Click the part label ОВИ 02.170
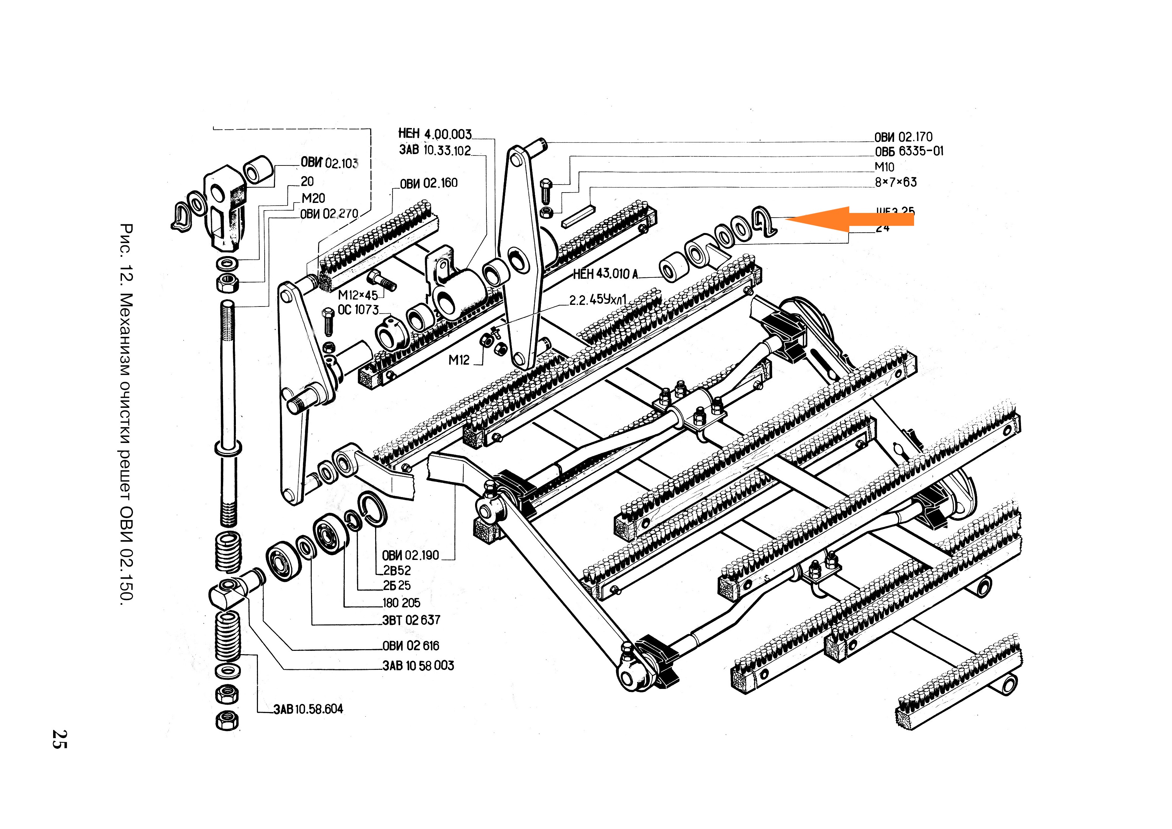click(x=903, y=137)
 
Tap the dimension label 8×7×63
click(x=896, y=182)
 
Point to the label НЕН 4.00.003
click(x=435, y=134)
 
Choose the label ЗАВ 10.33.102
click(x=435, y=150)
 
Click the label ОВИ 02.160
click(x=428, y=183)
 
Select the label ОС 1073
click(x=358, y=310)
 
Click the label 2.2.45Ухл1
click(x=597, y=300)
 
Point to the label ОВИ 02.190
click(x=410, y=555)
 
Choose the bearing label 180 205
click(x=401, y=603)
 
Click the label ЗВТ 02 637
click(x=411, y=620)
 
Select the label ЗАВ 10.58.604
click(x=308, y=709)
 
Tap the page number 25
click(x=60, y=739)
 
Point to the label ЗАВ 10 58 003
click(x=418, y=665)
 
